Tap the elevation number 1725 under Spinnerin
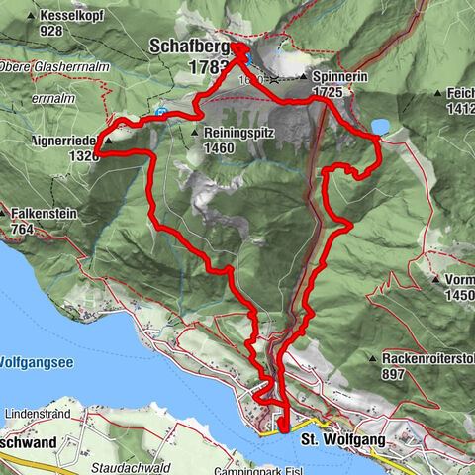(x=333, y=91)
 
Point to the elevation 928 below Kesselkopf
(x=48, y=32)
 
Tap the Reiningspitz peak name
(x=240, y=131)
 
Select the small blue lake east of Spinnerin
(x=380, y=126)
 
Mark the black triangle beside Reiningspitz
(x=194, y=131)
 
